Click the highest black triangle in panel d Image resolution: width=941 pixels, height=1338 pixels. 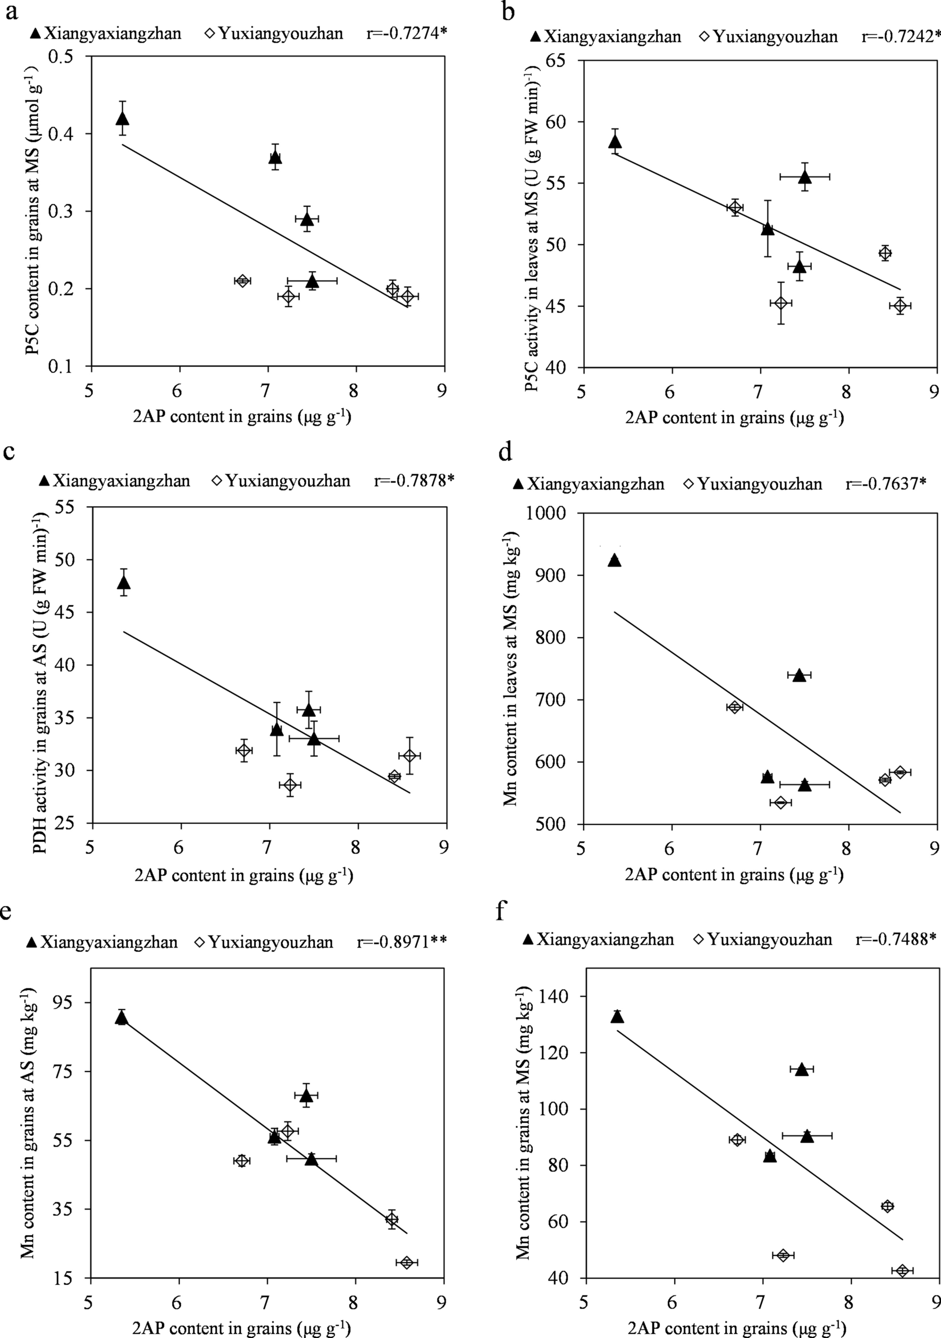tap(614, 561)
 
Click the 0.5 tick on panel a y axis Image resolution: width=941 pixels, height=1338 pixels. tap(73, 56)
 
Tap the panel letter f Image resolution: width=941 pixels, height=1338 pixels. tap(500, 910)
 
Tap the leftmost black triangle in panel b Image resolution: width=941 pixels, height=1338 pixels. tap(615, 142)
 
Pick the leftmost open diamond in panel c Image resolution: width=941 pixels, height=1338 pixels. tap(244, 750)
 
